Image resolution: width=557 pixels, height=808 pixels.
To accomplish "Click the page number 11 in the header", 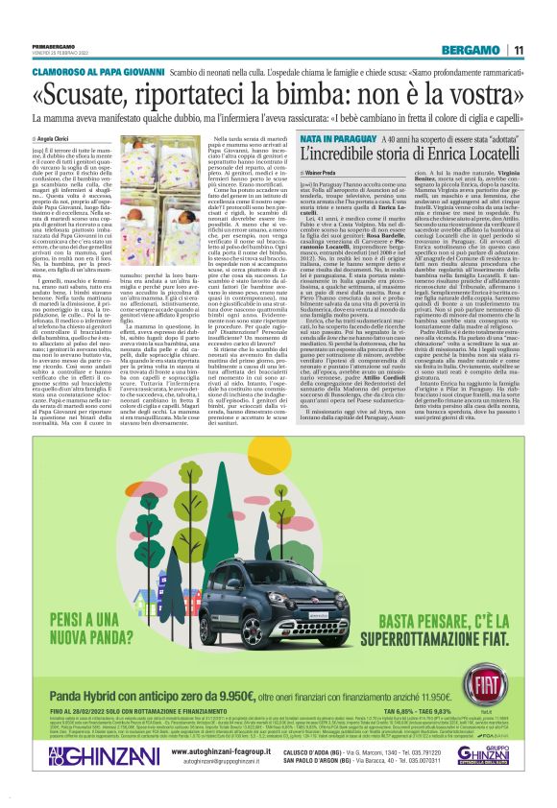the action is click(518, 50).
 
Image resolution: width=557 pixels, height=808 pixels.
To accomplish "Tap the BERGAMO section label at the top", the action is click(472, 50).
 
